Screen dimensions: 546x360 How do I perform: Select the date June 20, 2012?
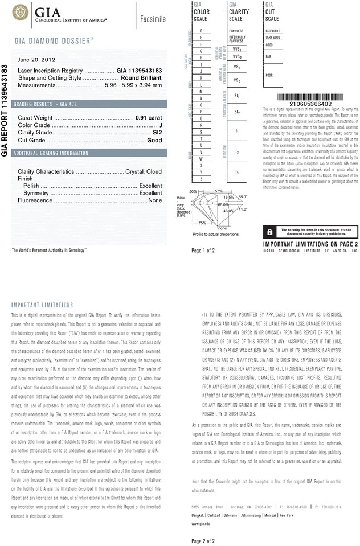point(36,59)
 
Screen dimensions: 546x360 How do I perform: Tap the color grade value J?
point(161,125)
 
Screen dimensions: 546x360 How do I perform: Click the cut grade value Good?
point(154,140)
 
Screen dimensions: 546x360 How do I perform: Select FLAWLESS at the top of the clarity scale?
point(236,31)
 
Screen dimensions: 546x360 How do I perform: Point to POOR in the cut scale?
point(269,75)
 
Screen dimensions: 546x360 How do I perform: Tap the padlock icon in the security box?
point(268,231)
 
